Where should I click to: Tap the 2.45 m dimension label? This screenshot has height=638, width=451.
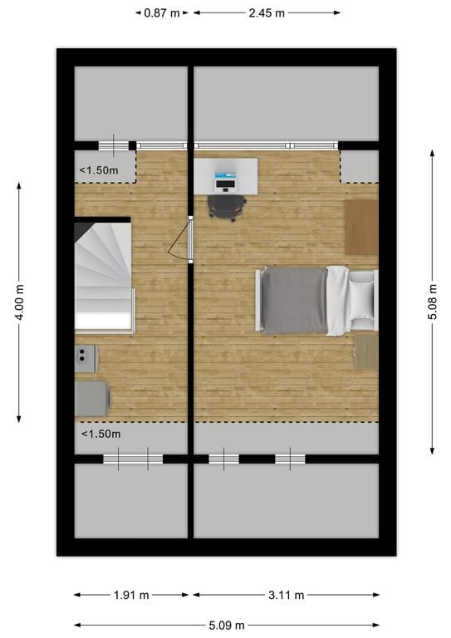pyautogui.click(x=266, y=13)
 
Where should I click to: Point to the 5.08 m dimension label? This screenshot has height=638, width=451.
pyautogui.click(x=433, y=302)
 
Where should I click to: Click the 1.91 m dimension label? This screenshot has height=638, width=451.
pyautogui.click(x=132, y=595)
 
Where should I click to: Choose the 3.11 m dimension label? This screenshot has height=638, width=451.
pyautogui.click(x=287, y=595)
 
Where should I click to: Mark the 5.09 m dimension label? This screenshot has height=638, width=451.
pyautogui.click(x=227, y=625)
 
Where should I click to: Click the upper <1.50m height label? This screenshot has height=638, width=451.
pyautogui.click(x=99, y=171)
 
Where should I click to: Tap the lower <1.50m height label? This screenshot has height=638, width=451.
pyautogui.click(x=100, y=434)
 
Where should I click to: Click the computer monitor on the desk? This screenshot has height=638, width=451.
pyautogui.click(x=226, y=177)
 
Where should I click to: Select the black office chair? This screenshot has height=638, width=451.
pyautogui.click(x=225, y=206)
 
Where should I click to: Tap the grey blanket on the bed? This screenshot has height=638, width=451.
pyautogui.click(x=294, y=300)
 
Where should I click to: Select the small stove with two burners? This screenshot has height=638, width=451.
pyautogui.click(x=86, y=358)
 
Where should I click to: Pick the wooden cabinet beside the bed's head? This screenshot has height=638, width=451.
pyautogui.click(x=361, y=226)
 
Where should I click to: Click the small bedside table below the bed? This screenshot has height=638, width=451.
pyautogui.click(x=365, y=351)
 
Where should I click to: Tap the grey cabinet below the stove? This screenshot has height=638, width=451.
pyautogui.click(x=91, y=397)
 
